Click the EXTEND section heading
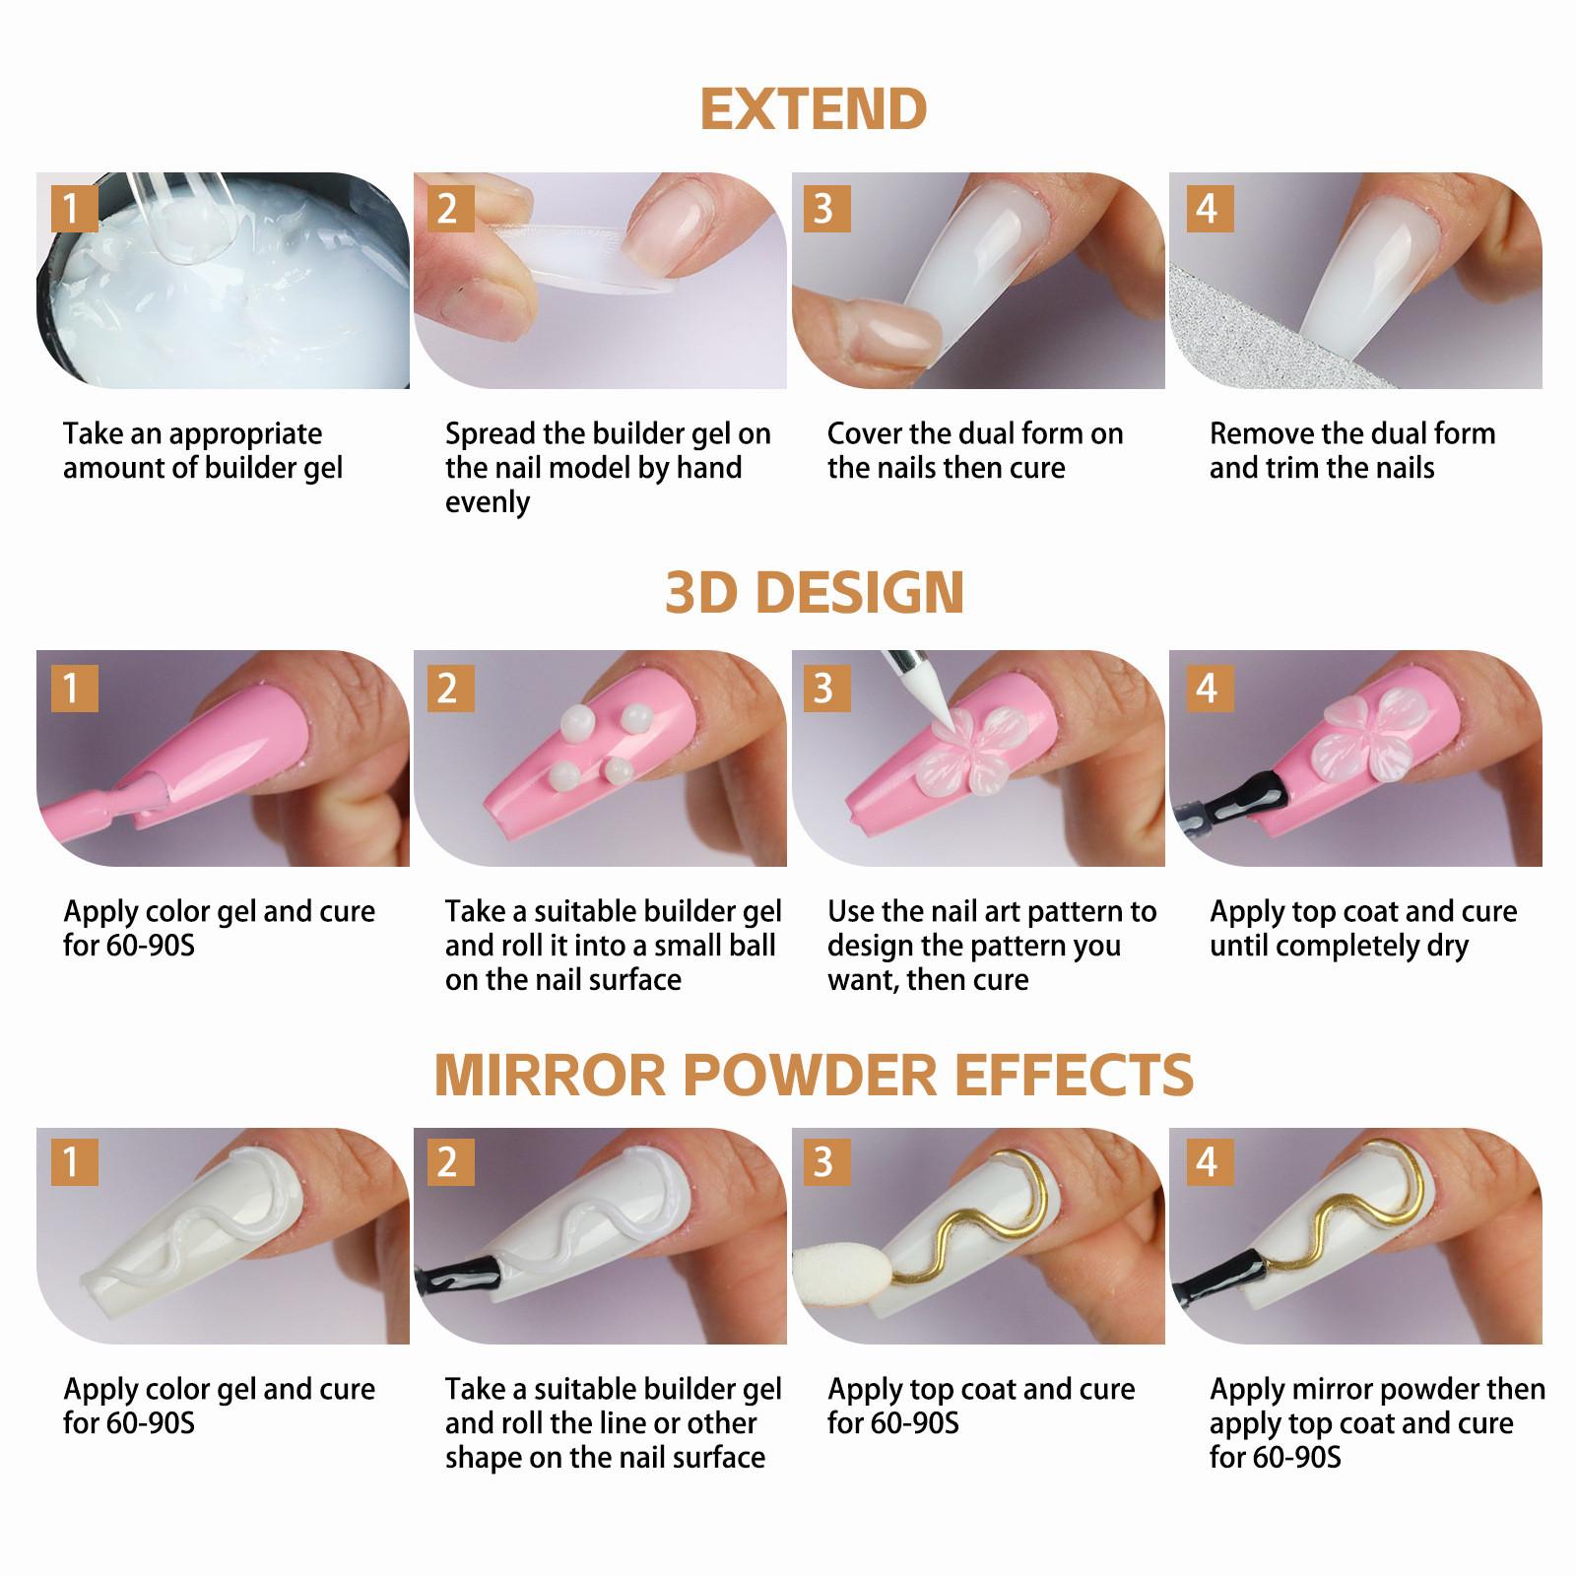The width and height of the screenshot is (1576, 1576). [x=814, y=109]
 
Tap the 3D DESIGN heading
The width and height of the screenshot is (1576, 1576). [x=814, y=591]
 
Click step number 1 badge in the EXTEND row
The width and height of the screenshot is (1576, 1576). [x=71, y=209]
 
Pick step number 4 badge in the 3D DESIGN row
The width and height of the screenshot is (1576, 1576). [x=1206, y=688]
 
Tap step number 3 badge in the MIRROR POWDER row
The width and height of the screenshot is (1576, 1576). [x=823, y=1163]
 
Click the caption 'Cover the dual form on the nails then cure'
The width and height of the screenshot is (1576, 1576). [x=974, y=450]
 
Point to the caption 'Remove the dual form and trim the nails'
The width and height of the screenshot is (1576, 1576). [x=1351, y=450]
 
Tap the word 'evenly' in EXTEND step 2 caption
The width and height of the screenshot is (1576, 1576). [x=488, y=502]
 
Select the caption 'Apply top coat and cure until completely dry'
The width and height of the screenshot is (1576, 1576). [x=1362, y=928]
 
